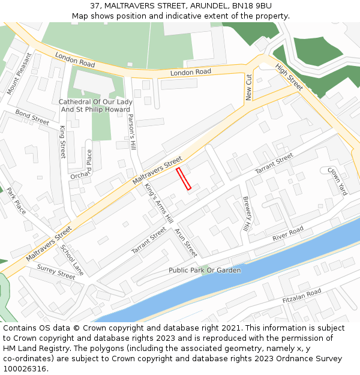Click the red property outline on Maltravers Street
(x=184, y=179)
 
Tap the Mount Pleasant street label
(x=19, y=74)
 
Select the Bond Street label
(x=32, y=117)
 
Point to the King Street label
(x=62, y=143)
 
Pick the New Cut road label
(x=249, y=86)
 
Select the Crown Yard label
(x=337, y=181)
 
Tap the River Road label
(x=288, y=234)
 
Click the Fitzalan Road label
(x=302, y=295)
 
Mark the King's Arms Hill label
(x=158, y=203)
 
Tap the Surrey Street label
(x=56, y=271)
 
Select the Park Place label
(x=16, y=201)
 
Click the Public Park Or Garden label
(x=205, y=271)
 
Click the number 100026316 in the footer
(x=25, y=369)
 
